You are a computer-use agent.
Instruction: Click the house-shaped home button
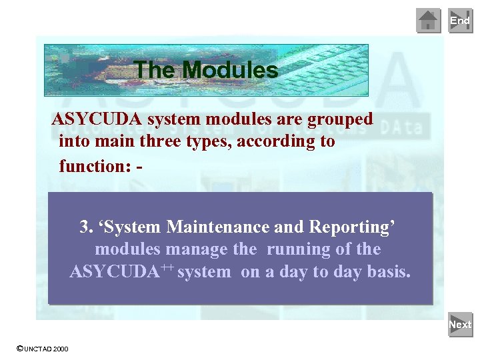click(x=428, y=21)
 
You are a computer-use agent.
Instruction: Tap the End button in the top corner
click(x=460, y=21)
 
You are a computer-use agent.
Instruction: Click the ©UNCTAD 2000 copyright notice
click(x=41, y=349)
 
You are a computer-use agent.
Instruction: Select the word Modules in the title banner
click(x=230, y=70)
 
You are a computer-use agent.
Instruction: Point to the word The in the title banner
click(x=155, y=70)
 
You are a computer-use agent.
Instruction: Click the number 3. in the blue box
click(x=86, y=227)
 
